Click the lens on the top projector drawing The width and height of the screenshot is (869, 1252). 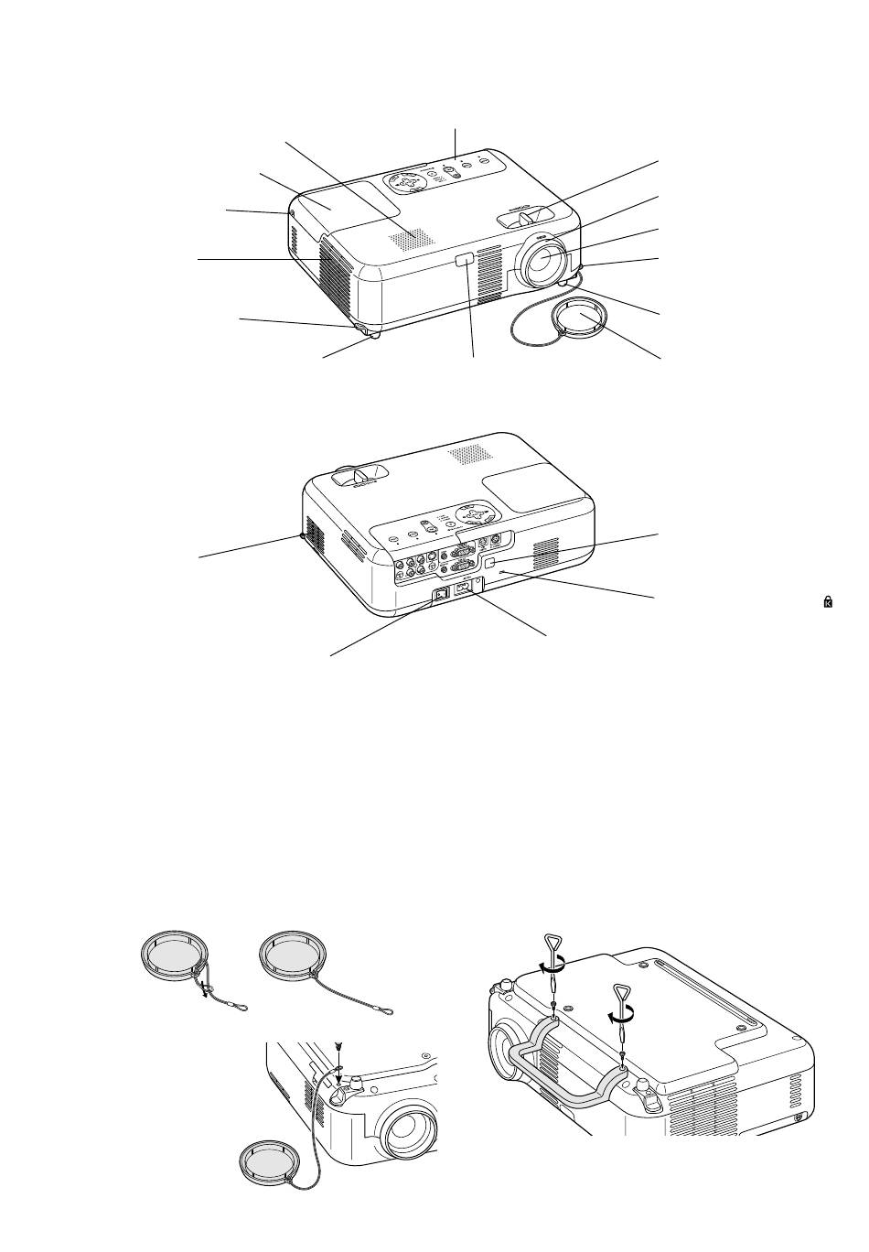point(542,258)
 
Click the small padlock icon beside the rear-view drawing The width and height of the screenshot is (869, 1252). point(827,601)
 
